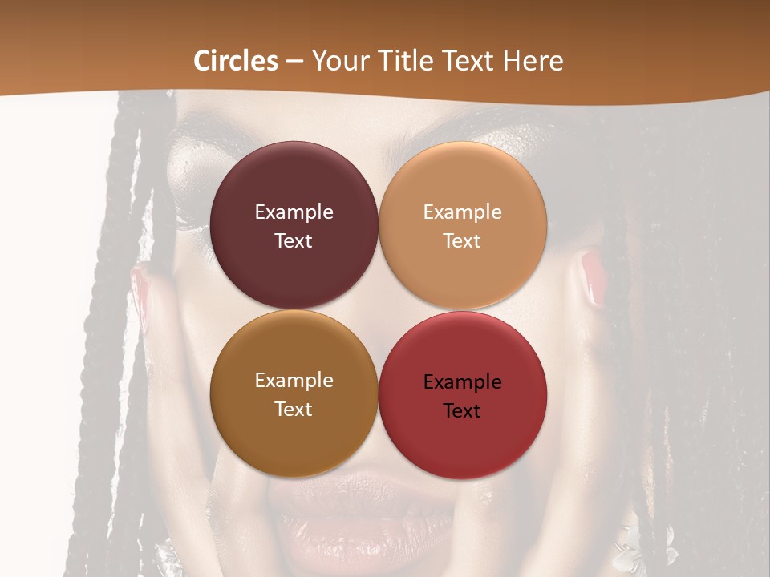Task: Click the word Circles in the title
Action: tap(235, 61)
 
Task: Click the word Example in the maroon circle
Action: tap(294, 212)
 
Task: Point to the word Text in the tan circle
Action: tap(462, 241)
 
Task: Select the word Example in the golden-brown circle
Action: tap(294, 381)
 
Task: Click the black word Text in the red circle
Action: tap(462, 411)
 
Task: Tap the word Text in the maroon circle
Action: tap(294, 241)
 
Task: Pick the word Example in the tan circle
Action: tap(462, 212)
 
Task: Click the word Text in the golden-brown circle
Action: tap(294, 410)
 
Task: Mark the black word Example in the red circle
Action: tap(462, 382)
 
